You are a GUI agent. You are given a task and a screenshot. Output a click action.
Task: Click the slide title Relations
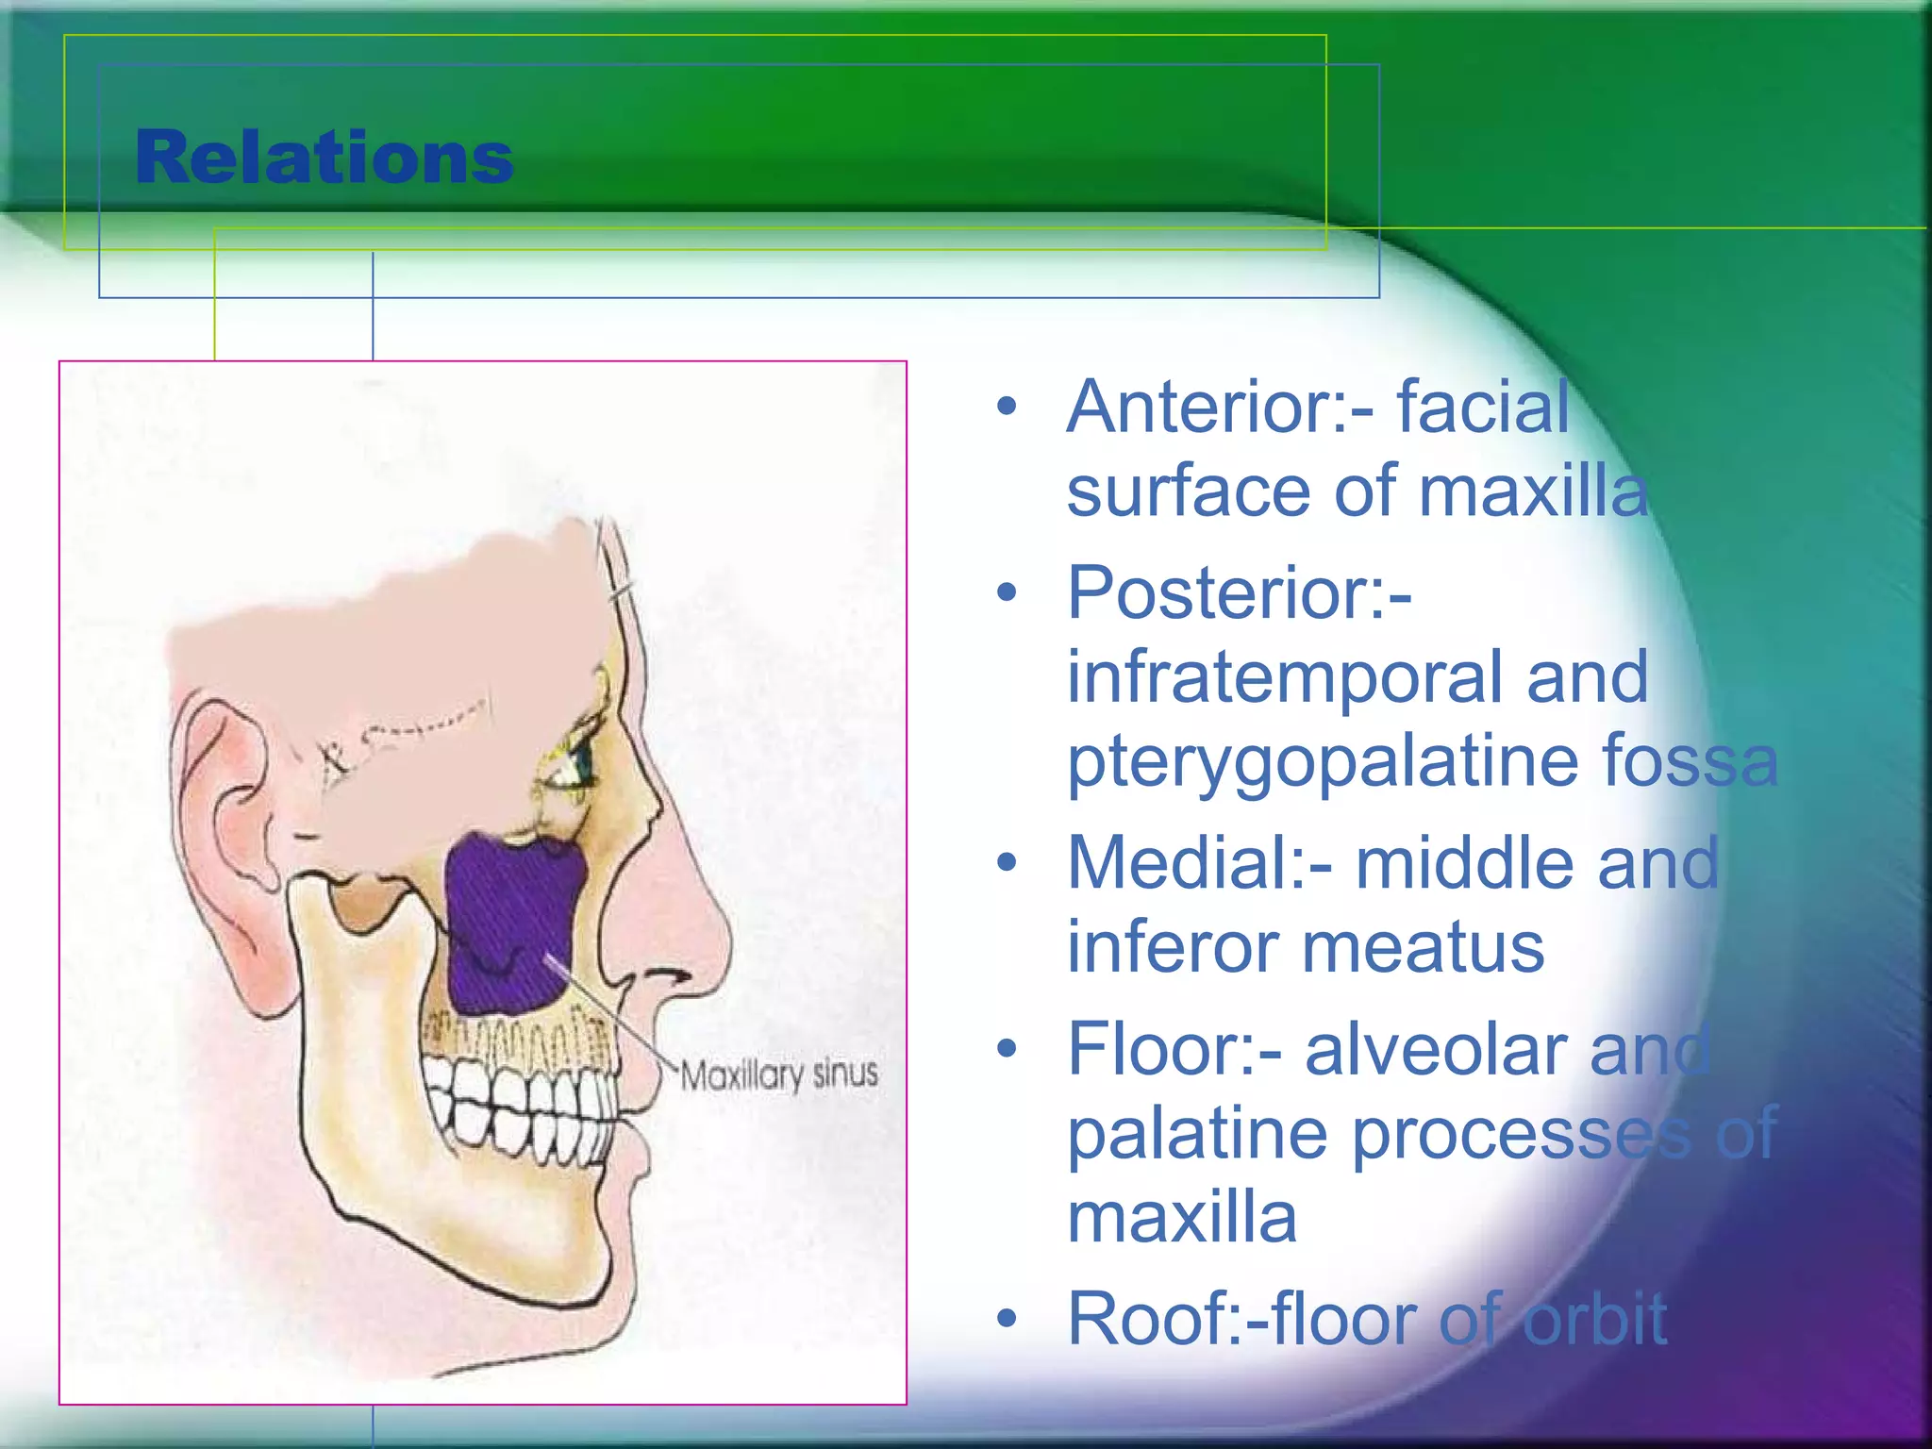pos(324,158)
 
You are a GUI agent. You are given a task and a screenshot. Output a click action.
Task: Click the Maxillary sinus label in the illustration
pos(778,1074)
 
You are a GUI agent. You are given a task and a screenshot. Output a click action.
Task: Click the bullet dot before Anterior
pos(1008,408)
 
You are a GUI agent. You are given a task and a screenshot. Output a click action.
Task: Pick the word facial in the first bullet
pos(1482,408)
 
